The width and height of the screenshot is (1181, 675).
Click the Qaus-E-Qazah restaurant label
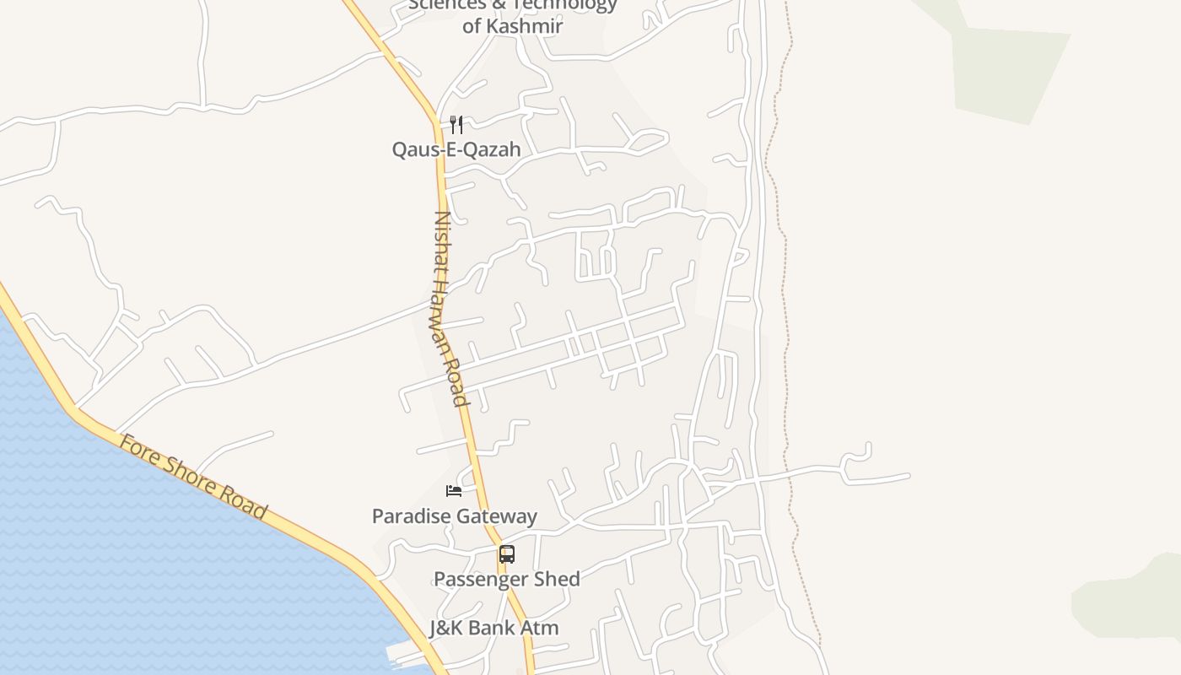click(456, 149)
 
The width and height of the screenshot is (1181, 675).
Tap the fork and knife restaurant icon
click(456, 125)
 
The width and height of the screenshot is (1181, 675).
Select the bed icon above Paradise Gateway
click(454, 490)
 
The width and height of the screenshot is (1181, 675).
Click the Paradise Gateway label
click(455, 516)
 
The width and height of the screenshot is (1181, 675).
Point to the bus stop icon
click(506, 554)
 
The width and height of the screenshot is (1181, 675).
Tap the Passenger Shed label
click(506, 579)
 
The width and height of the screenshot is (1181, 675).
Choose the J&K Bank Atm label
click(493, 628)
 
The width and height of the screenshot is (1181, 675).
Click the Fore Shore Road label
click(193, 478)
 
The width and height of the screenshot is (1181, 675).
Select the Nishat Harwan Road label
click(450, 308)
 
